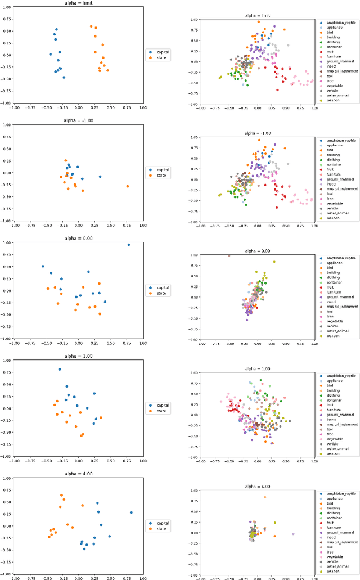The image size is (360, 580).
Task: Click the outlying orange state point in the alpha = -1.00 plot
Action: coord(128,186)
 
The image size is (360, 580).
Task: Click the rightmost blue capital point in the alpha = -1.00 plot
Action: coord(100,177)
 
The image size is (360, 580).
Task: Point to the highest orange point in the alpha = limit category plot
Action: coord(259,21)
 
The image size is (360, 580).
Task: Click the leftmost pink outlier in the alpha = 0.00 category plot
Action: coord(229,256)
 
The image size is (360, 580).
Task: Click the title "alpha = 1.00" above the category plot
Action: coord(257,367)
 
